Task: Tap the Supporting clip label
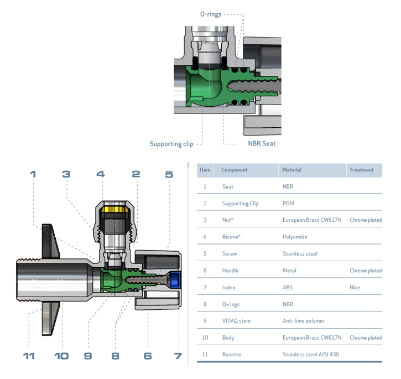[171, 144]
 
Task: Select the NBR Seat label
[262, 143]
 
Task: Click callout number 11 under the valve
[29, 355]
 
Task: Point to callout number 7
[178, 355]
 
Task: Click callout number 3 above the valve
[66, 174]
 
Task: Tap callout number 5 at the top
[169, 174]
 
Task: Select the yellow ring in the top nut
[117, 210]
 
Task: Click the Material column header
[292, 170]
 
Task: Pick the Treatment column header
[361, 170]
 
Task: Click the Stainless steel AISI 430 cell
[310, 354]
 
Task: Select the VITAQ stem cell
[236, 320]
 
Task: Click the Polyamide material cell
[295, 237]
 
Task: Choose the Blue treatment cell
[355, 287]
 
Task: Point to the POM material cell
[288, 203]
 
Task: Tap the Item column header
[205, 170]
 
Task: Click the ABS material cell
[288, 287]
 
